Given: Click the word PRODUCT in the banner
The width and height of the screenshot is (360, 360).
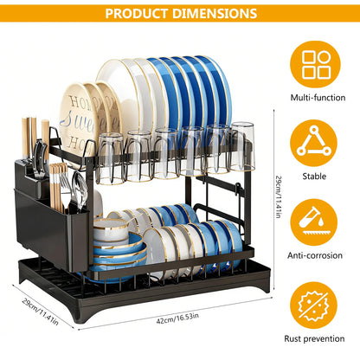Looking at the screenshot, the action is (136, 14).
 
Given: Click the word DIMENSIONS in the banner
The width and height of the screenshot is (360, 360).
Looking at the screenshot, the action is (215, 14).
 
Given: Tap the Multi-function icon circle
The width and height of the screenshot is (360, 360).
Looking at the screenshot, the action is (315, 65).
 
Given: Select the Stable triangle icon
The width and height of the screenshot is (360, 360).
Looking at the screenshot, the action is (314, 144).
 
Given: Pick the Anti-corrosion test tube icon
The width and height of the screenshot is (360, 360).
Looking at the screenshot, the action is (314, 222).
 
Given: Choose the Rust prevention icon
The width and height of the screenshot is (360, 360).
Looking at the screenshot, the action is (314, 305).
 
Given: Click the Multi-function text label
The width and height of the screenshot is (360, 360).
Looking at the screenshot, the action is (318, 98).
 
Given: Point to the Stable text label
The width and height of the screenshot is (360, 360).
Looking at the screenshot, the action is (314, 176).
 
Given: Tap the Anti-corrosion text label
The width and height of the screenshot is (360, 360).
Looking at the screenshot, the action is (315, 255).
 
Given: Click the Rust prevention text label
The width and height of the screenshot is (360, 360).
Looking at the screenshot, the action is (314, 338).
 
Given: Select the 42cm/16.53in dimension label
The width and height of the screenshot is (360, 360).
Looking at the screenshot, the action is (177, 318).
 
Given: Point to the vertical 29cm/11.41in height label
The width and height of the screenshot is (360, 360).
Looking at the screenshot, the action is (278, 196).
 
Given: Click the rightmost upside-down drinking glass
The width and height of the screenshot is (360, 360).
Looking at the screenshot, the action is (242, 146).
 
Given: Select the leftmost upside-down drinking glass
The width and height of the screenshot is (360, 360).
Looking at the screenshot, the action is (110, 158).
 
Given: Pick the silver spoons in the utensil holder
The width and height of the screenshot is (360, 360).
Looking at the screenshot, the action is (80, 188).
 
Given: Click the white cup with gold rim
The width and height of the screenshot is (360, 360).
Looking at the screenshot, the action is (111, 229).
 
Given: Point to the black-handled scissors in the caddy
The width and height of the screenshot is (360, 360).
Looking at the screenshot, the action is (40, 158).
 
